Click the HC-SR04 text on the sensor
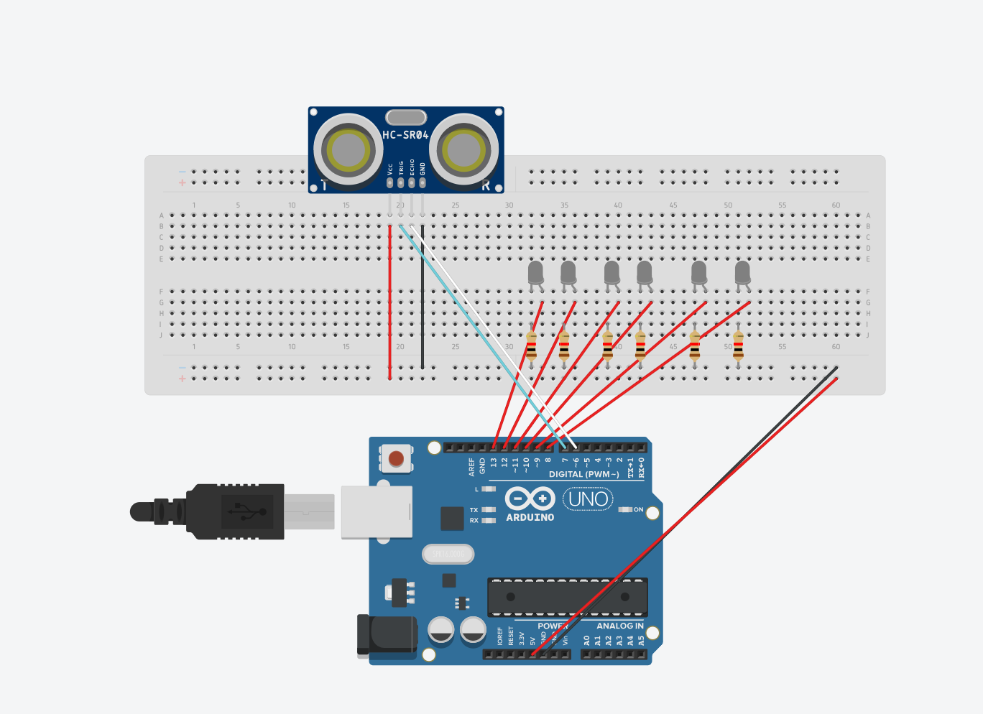405,135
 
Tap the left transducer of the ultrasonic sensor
349,150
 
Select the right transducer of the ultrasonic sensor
463,150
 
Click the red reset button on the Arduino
396,458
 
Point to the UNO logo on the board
588,499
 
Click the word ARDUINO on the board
530,517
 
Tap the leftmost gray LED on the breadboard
535,273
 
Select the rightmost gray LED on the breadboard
742,273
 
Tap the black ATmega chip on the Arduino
568,597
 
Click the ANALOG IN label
620,626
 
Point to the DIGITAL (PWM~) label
583,474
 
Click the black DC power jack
388,635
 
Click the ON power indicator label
638,509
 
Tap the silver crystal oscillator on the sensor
406,117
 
